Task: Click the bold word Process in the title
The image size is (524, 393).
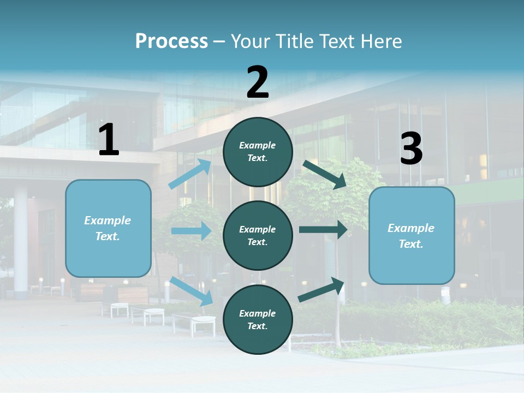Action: [171, 41]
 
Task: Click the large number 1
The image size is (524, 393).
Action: [109, 140]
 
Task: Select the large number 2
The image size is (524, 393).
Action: [258, 82]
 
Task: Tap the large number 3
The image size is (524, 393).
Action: [412, 149]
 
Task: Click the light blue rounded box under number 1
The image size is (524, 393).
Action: [108, 228]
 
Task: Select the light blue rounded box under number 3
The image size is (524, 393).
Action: [412, 236]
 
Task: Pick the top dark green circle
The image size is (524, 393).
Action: [258, 152]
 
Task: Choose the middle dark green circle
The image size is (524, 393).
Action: [258, 236]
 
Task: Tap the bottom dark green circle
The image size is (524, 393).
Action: [258, 319]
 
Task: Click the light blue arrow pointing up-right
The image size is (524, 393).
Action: [190, 174]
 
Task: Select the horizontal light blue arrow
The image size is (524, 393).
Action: [191, 231]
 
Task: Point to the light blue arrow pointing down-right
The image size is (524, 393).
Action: [191, 291]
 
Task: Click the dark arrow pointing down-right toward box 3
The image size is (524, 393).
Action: [325, 174]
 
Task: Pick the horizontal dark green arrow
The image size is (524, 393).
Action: [323, 229]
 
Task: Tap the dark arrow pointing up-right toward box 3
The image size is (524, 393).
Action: [321, 290]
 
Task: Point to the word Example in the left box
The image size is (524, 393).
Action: [108, 221]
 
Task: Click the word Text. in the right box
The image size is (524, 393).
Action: [411, 244]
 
